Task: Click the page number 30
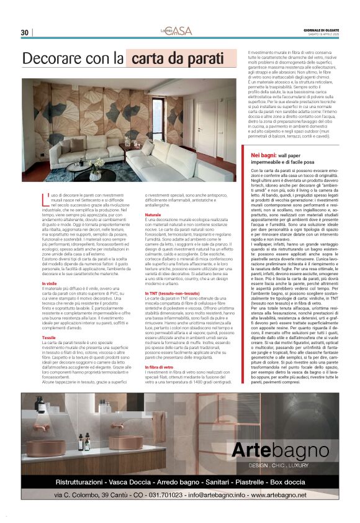25,33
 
